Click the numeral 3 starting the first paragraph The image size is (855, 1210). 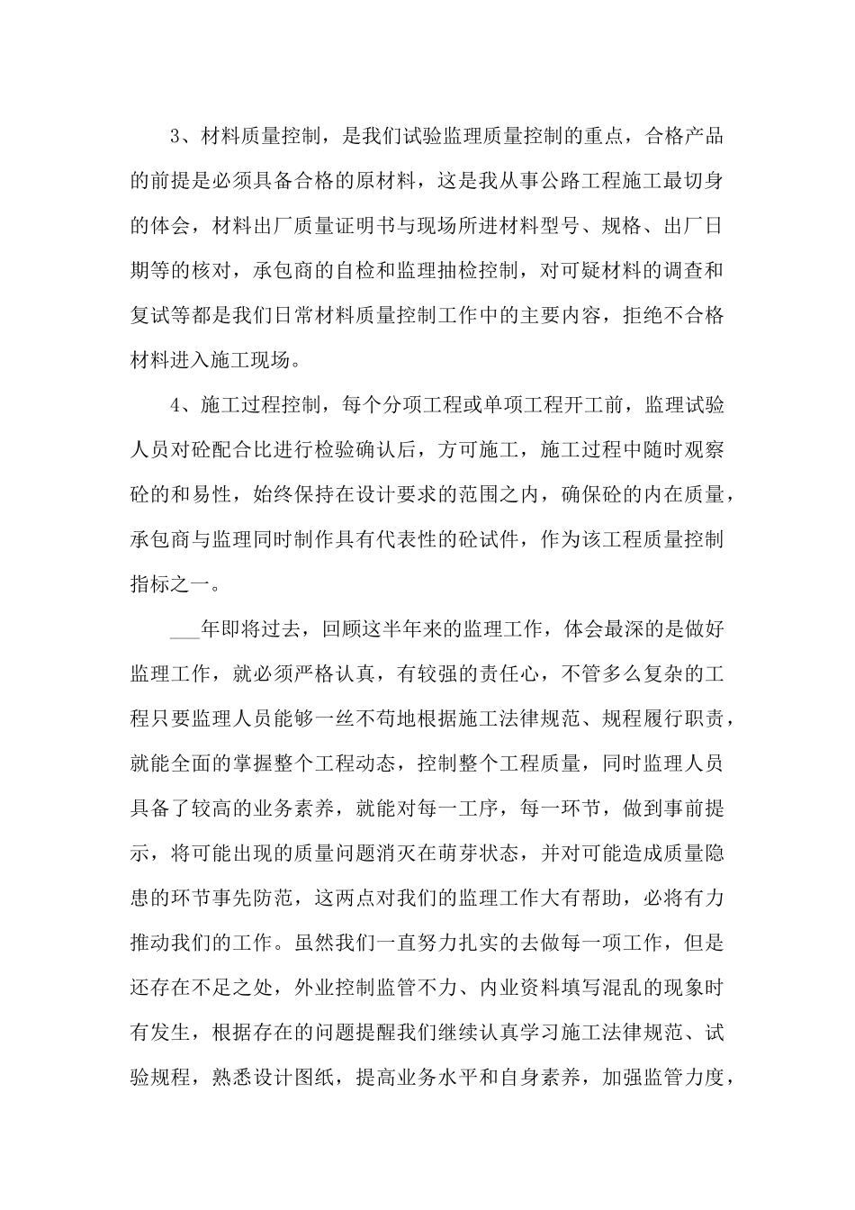pyautogui.click(x=175, y=137)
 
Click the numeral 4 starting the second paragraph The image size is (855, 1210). pyautogui.click(x=175, y=405)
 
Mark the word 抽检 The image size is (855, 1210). pyautogui.click(x=460, y=271)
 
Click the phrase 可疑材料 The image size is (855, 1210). pyautogui.click(x=601, y=271)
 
